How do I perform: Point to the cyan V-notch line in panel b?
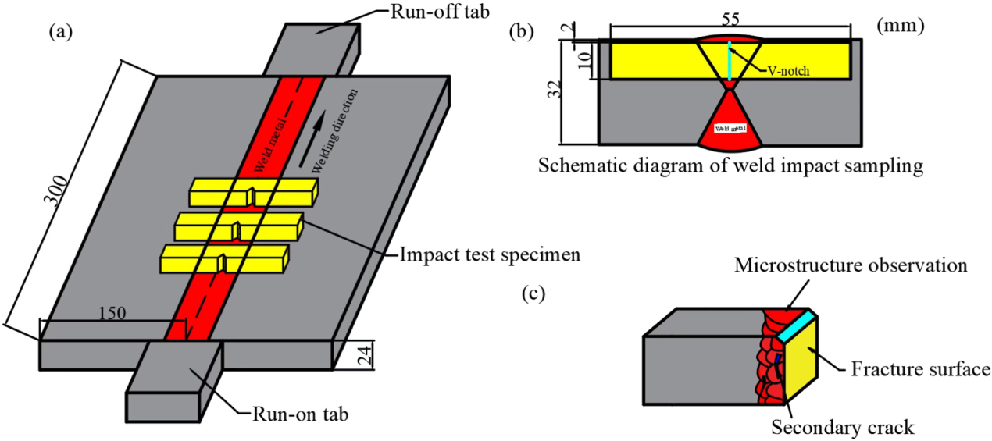(x=728, y=60)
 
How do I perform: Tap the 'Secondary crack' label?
(x=842, y=427)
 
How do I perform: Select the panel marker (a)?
(x=62, y=32)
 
